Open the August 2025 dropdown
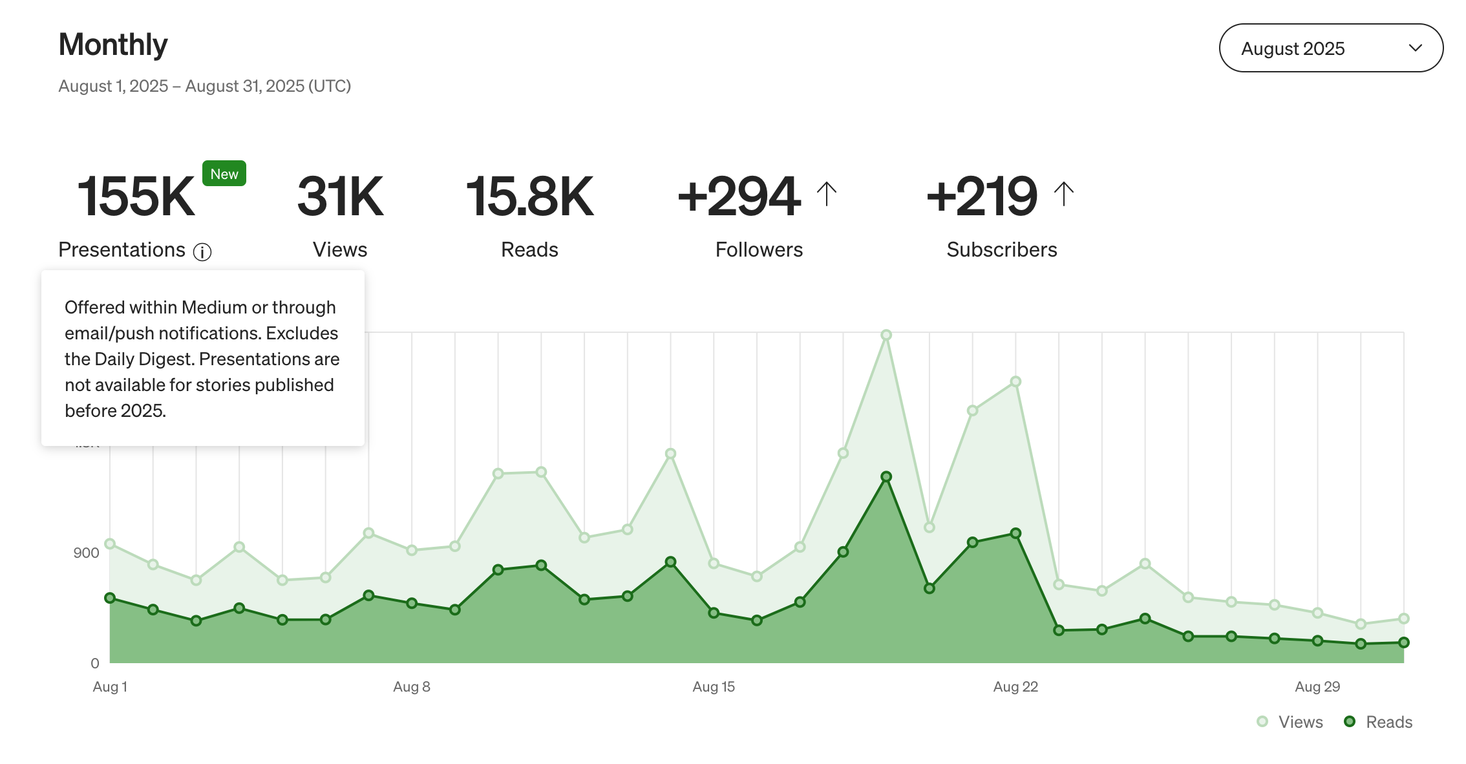pyautogui.click(x=1330, y=48)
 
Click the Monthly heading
pyautogui.click(x=113, y=45)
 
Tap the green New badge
pyautogui.click(x=224, y=174)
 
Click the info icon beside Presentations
pyautogui.click(x=202, y=252)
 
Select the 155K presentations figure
pyautogui.click(x=136, y=196)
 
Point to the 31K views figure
pyautogui.click(x=340, y=196)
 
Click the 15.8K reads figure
pyautogui.click(x=529, y=196)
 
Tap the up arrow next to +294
pyautogui.click(x=826, y=194)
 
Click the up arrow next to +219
pyautogui.click(x=1063, y=194)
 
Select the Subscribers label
pyautogui.click(x=1001, y=250)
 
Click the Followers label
pyautogui.click(x=759, y=250)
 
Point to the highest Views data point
pyautogui.click(x=886, y=335)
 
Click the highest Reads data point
pyautogui.click(x=886, y=476)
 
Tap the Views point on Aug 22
pyautogui.click(x=1015, y=382)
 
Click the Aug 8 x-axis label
pyautogui.click(x=412, y=686)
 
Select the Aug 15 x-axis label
pyautogui.click(x=714, y=686)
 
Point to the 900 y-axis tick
pyautogui.click(x=86, y=553)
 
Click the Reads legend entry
pyautogui.click(x=1378, y=722)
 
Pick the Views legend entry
pyautogui.click(x=1290, y=722)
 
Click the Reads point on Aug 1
pyautogui.click(x=110, y=598)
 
